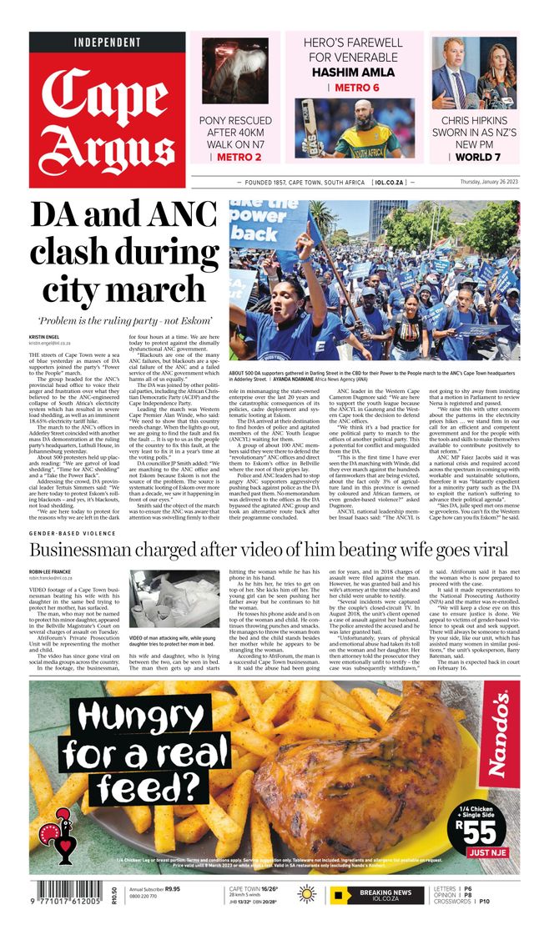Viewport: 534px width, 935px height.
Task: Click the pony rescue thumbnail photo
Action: coord(234,71)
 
